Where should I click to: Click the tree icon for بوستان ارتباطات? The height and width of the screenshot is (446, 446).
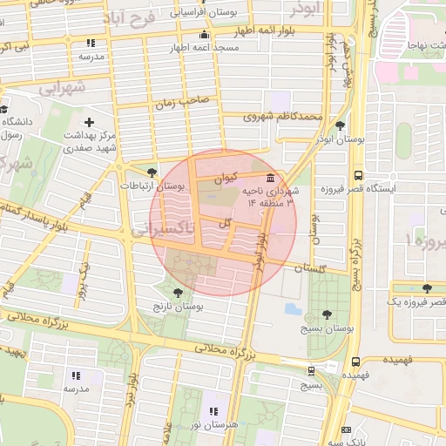pos(153,172)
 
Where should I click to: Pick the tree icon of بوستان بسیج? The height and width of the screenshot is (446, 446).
pos(327,314)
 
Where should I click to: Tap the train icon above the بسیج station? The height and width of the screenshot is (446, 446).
pos(311,369)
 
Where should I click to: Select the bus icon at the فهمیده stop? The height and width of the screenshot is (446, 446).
pos(355,362)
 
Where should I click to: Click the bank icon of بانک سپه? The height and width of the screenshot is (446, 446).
pos(348,430)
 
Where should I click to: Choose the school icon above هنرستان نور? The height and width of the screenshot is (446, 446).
pos(211,410)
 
